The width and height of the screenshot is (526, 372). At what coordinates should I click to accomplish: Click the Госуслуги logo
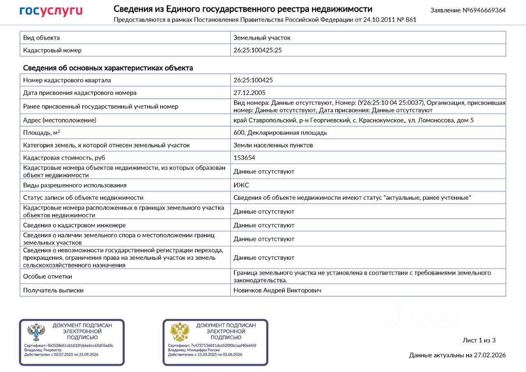click(x=51, y=11)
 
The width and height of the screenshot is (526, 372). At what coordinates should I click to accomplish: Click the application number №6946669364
click(x=468, y=10)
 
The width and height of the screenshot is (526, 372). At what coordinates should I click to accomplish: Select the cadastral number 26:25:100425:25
click(x=258, y=50)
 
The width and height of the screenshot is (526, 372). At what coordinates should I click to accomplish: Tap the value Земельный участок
click(x=262, y=38)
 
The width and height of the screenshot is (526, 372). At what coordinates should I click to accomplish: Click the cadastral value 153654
click(x=244, y=158)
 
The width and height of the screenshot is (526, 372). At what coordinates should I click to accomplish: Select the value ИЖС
click(x=241, y=185)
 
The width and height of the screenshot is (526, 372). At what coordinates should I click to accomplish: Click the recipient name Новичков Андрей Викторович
click(x=277, y=290)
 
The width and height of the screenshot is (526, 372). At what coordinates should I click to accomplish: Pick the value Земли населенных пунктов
click(x=273, y=145)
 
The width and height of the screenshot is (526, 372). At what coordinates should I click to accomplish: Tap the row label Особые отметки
click(x=48, y=277)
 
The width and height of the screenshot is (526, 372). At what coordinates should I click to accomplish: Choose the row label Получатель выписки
click(x=53, y=290)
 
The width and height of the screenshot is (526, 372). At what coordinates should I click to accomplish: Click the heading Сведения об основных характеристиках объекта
click(x=108, y=68)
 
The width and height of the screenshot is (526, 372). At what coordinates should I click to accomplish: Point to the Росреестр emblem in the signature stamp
click(x=36, y=332)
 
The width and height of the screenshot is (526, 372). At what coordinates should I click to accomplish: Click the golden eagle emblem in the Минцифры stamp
click(x=180, y=332)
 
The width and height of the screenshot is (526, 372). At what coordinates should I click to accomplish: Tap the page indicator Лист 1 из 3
click(x=479, y=340)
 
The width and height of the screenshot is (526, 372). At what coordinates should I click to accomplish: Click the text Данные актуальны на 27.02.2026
click(x=457, y=355)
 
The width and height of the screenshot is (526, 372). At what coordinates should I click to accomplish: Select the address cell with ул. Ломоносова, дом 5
click(x=353, y=120)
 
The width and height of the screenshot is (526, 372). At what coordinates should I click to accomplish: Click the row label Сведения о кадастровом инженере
click(x=74, y=225)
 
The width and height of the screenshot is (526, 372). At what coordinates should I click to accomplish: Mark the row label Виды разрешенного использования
click(x=75, y=185)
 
